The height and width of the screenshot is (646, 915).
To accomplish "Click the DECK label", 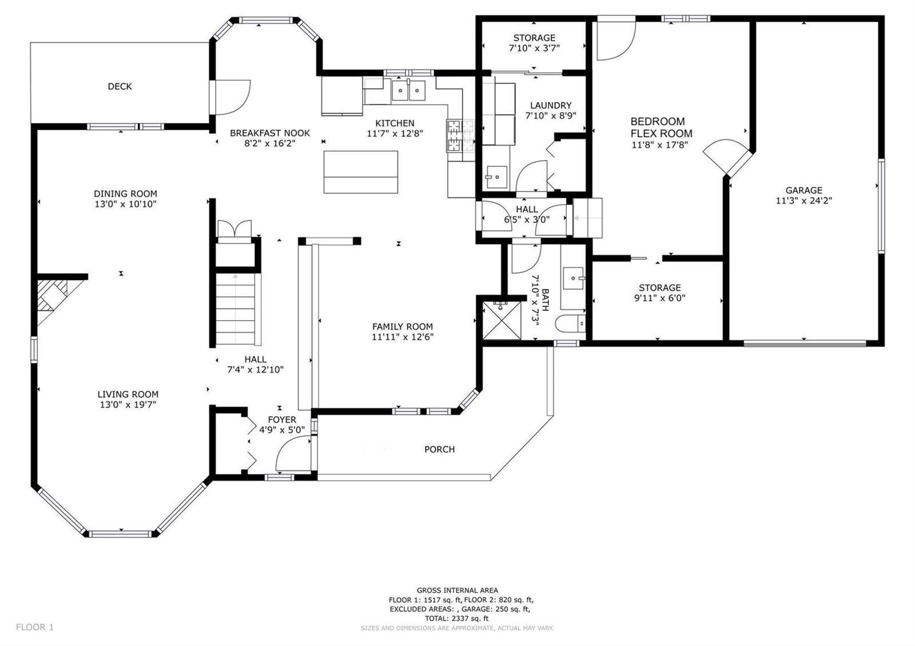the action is tap(120, 86).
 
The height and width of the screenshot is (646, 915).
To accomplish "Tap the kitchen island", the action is tap(361, 172).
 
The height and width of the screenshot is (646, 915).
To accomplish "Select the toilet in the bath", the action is tap(570, 324).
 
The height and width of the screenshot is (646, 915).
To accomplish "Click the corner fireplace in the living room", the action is tap(52, 298).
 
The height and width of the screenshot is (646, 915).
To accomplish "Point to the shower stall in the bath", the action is tap(502, 320).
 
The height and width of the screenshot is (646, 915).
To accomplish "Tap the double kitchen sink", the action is tap(408, 90).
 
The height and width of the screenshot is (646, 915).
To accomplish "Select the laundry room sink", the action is tap(496, 177).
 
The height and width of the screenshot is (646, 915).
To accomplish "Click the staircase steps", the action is tap(236, 309).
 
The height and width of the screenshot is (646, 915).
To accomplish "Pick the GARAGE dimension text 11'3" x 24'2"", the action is tap(804, 201).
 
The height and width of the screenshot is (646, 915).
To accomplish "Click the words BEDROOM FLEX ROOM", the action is tap(661, 127).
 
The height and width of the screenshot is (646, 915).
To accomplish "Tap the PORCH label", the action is tap(439, 449).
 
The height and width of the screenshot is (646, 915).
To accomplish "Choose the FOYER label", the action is tap(282, 420).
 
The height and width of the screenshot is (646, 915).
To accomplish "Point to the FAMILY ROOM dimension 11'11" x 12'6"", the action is tap(403, 337).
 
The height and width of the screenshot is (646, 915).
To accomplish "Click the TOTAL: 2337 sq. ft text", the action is tap(457, 618).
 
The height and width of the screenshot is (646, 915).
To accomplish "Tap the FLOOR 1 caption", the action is tap(35, 627).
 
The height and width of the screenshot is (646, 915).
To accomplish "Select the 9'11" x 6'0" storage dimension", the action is tap(659, 298).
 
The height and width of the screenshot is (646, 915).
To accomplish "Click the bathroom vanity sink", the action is tap(573, 278).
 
